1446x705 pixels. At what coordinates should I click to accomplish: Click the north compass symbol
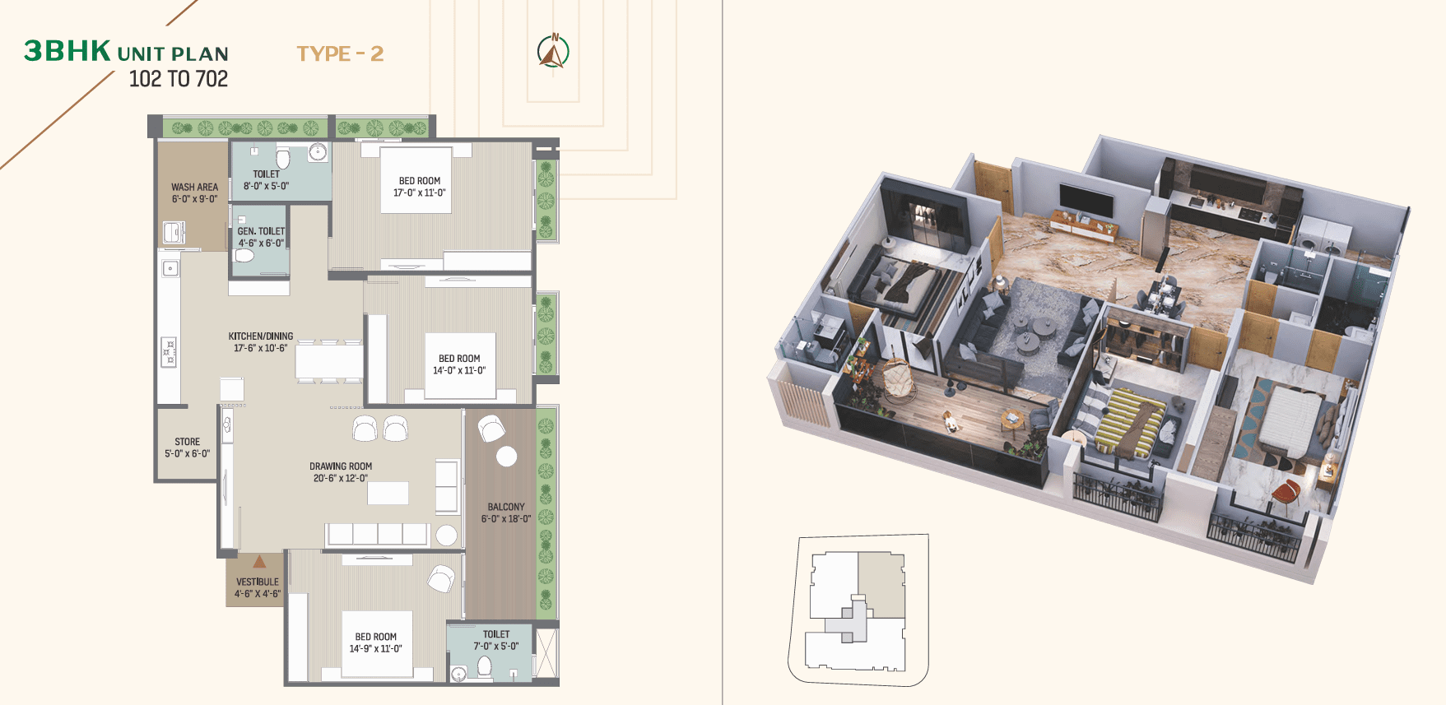point(553,51)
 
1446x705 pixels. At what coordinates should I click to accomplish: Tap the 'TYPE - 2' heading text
point(340,54)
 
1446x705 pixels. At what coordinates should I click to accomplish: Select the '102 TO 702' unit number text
point(179,79)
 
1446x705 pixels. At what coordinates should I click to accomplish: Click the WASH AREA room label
point(195,187)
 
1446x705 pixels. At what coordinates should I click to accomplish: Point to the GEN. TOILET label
point(261,231)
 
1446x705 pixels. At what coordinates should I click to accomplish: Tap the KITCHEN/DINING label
point(261,336)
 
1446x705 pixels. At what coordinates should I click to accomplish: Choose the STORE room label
point(188,442)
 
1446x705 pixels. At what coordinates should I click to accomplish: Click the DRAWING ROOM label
point(341,466)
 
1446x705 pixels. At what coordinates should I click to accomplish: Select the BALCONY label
point(506,507)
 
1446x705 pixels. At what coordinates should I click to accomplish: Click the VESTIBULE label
point(258,582)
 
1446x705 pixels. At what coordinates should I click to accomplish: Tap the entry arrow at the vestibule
point(259,562)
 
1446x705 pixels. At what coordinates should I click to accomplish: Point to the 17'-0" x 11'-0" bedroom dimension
point(420,193)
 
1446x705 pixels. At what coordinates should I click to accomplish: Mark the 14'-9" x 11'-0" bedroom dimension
point(376,649)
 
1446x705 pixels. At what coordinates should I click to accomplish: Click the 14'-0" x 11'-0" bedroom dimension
point(459,371)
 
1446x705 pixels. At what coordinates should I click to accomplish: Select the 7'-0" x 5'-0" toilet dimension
point(496,647)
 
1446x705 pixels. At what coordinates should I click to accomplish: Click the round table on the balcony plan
point(507,456)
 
